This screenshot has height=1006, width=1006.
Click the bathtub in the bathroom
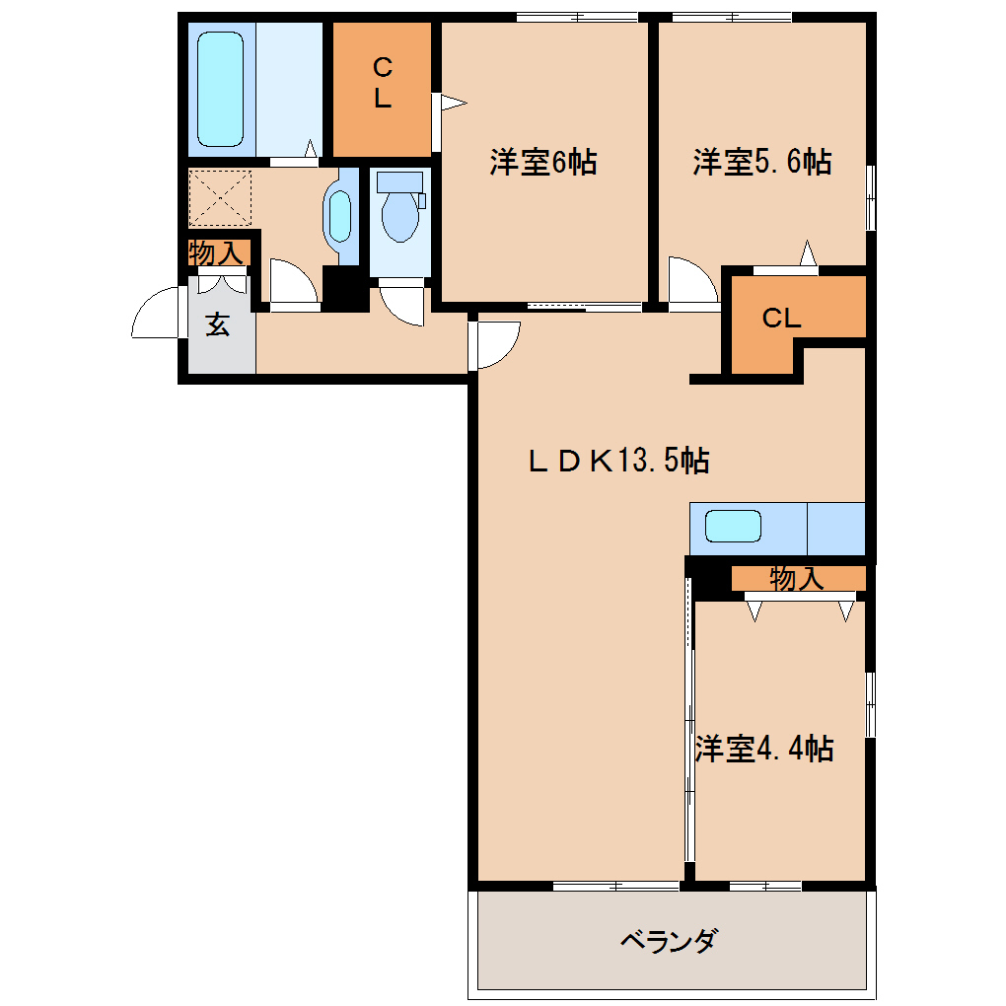220,89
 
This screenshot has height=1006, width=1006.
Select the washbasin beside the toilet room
340,216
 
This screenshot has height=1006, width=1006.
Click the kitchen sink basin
733,526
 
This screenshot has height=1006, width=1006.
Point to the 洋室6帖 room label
543,162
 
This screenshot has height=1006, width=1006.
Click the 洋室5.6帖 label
761,162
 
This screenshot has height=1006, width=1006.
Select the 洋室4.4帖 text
764,748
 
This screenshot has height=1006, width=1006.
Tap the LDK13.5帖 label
618,460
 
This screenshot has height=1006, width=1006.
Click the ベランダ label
668,941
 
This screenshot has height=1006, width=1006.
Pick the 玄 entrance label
218,325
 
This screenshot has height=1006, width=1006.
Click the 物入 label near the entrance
217,252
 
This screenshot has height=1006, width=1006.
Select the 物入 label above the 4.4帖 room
796,578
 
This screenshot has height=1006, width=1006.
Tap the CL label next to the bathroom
383,82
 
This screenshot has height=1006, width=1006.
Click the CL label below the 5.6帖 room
781,318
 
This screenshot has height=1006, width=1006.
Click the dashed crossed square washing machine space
220,197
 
